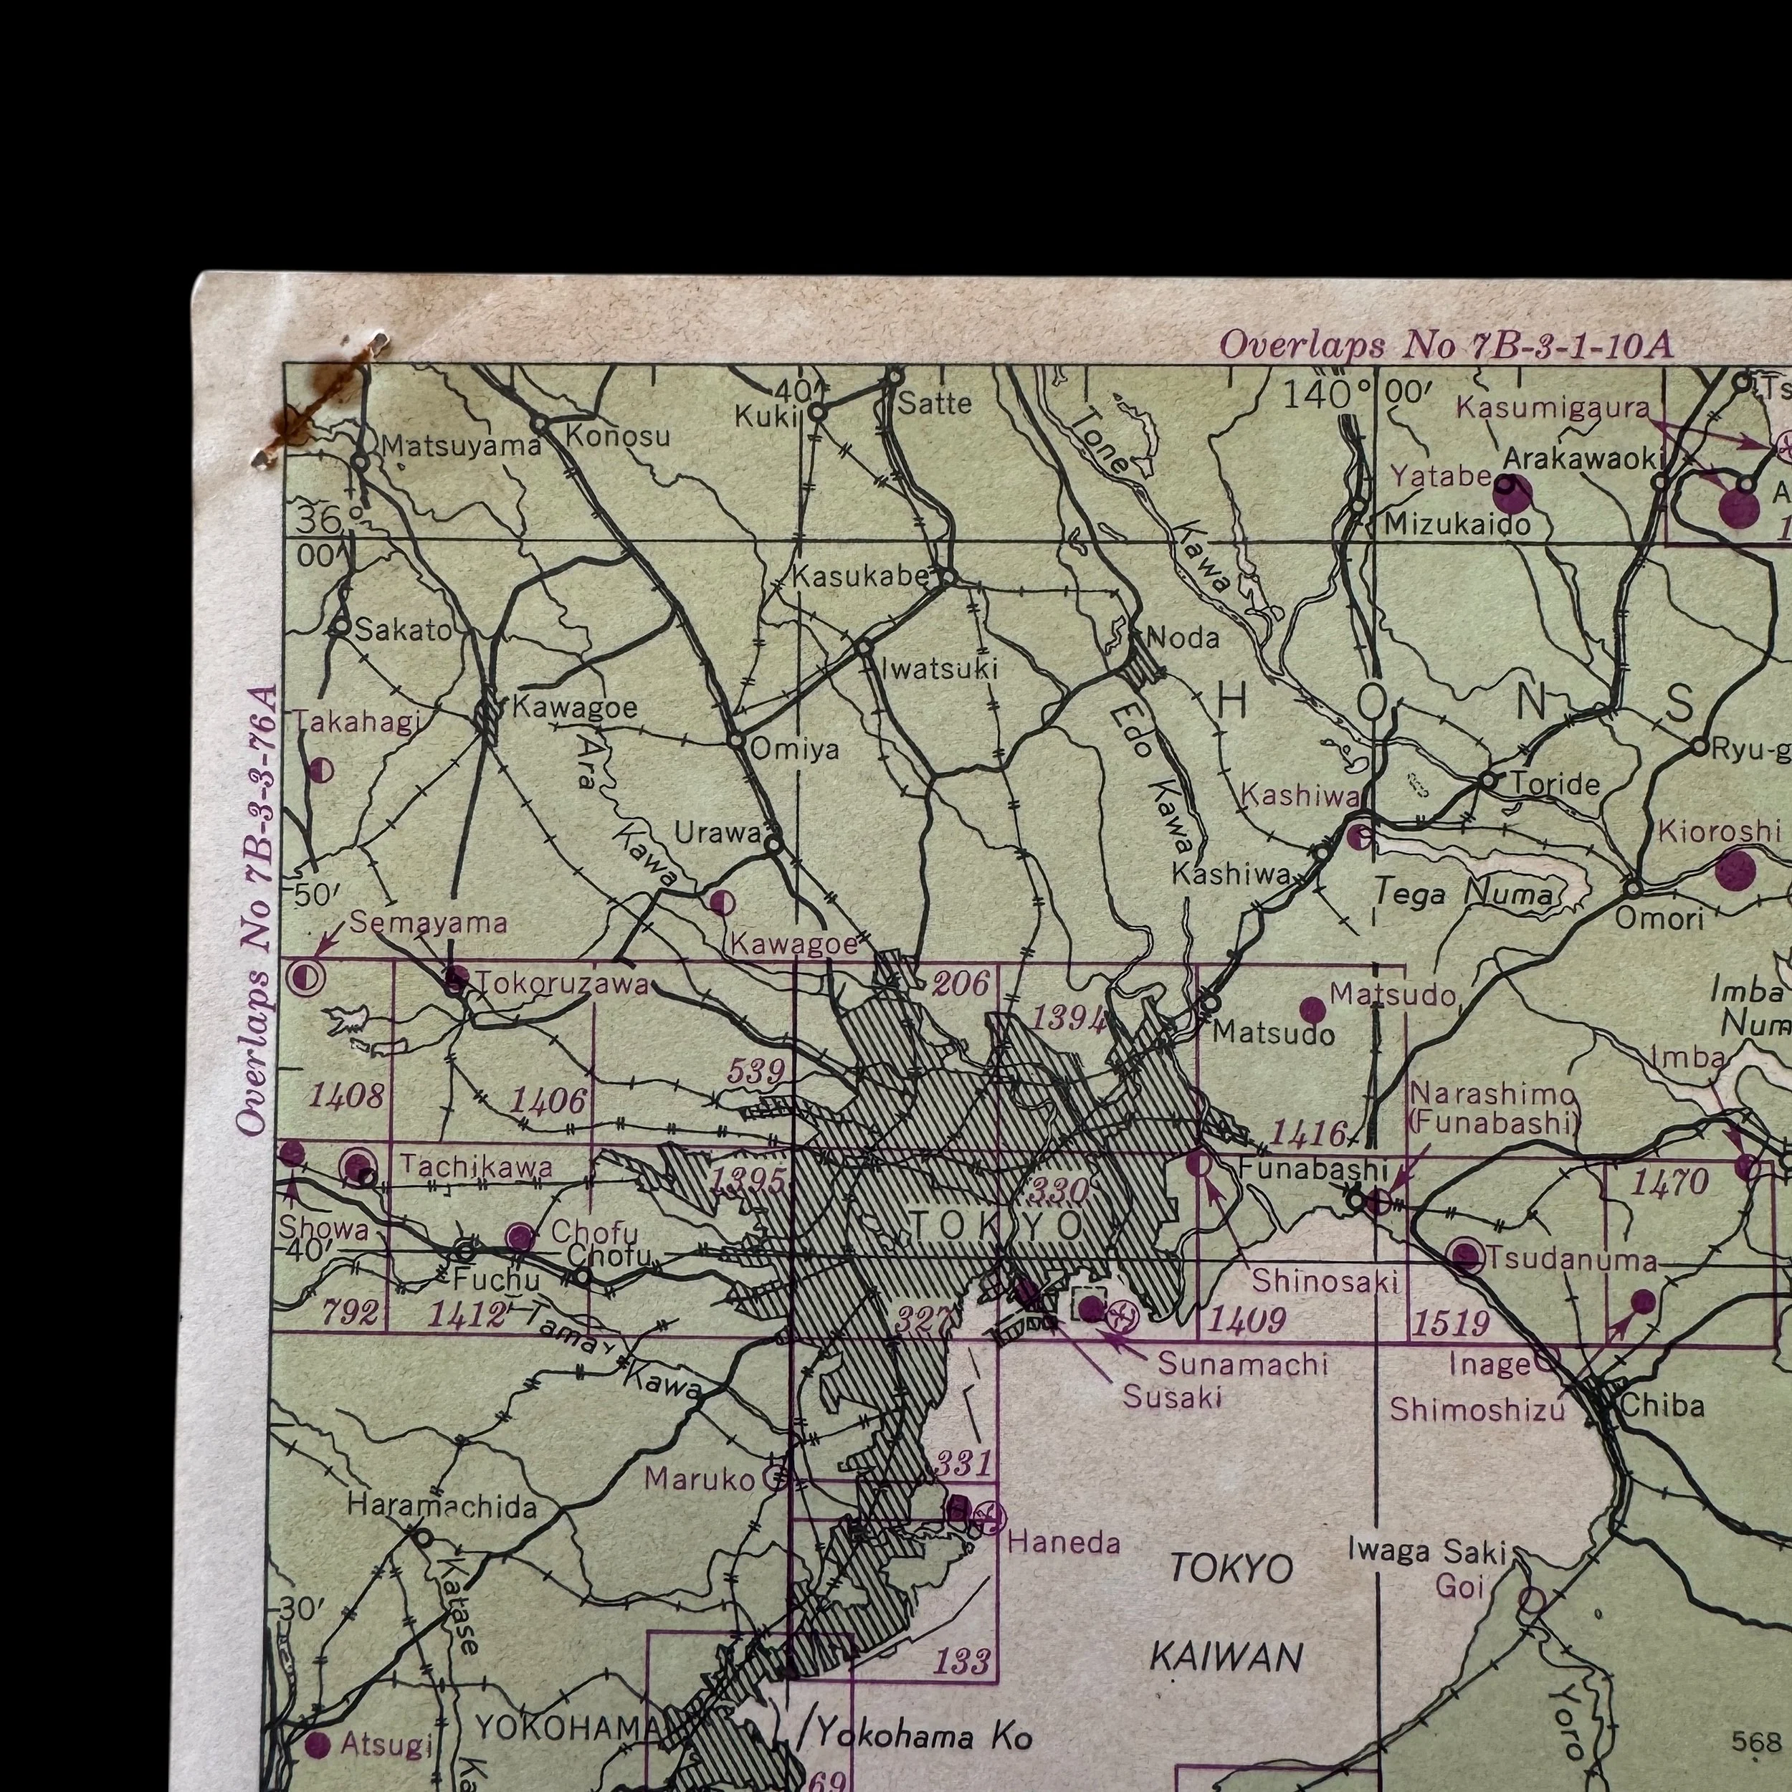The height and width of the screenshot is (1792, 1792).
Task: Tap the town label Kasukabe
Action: pos(860,576)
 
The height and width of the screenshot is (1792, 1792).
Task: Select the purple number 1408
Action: pos(346,1097)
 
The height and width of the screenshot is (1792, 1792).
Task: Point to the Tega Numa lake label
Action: pos(1463,894)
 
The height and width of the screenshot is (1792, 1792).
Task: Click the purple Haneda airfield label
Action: pos(1063,1543)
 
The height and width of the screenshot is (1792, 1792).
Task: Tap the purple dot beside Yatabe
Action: pos(1513,496)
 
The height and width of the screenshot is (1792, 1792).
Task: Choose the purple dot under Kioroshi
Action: pos(1735,871)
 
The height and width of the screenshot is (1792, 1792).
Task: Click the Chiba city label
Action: pos(1662,1406)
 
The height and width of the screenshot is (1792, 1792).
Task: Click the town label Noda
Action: pos(1183,637)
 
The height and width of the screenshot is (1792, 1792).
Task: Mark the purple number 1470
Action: pos(1669,1182)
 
